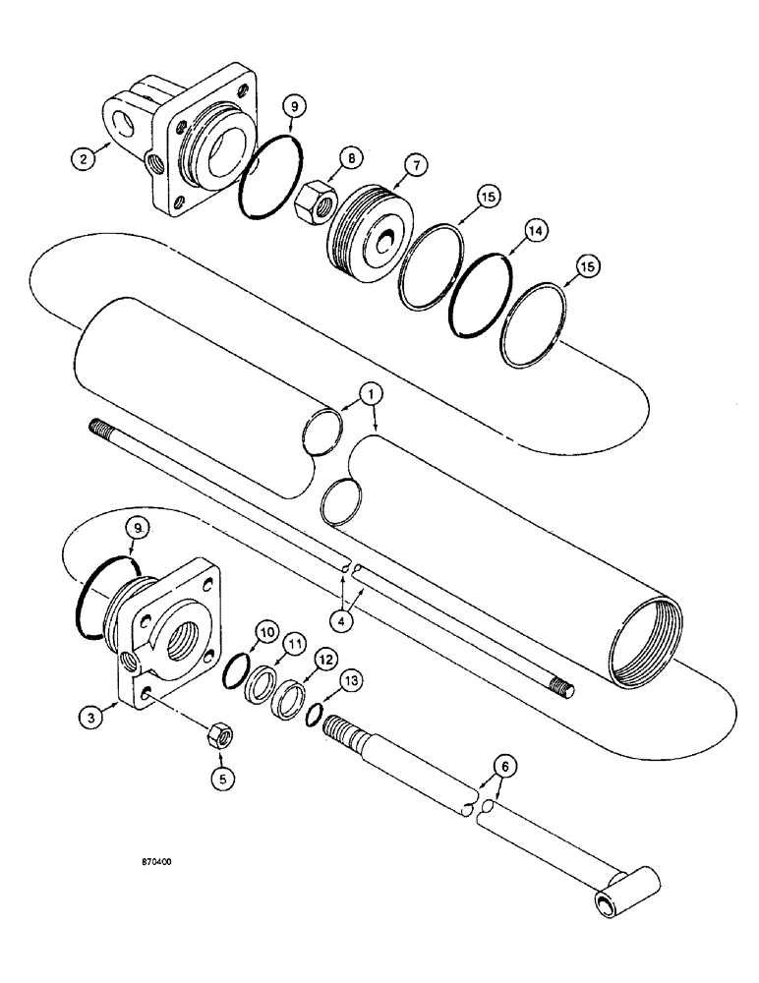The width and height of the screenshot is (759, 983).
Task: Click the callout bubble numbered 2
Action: [87, 156]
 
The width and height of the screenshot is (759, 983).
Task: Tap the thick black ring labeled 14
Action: [482, 295]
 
